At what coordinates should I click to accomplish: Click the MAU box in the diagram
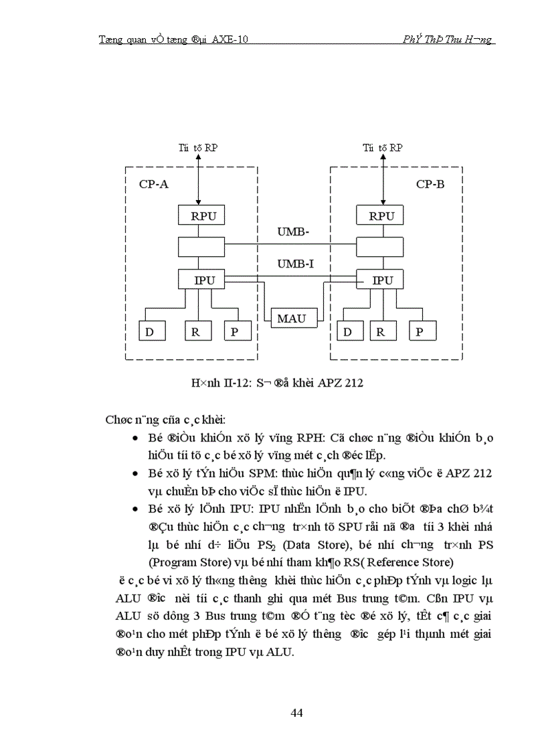coord(291,318)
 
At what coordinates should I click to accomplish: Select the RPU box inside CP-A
coord(203,216)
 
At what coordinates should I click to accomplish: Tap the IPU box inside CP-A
coord(203,280)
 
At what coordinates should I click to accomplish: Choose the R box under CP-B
coord(380,331)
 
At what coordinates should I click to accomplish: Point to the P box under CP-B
coord(420,331)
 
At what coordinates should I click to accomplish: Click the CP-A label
coord(153,184)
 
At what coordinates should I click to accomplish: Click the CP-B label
coord(430,184)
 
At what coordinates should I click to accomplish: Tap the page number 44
coord(297,713)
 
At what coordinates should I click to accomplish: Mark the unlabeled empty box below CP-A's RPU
coord(203,247)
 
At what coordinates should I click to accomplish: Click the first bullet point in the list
coord(136,438)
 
